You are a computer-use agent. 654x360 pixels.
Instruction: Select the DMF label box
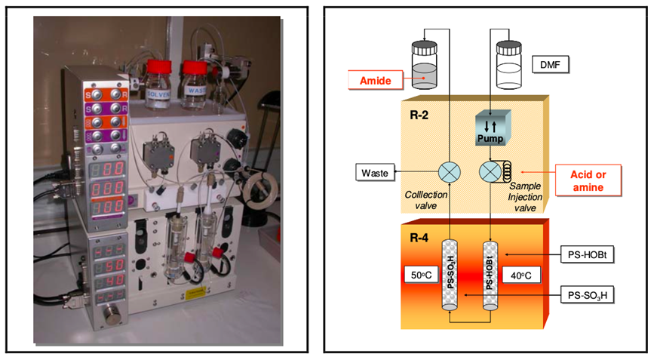[x=551, y=66]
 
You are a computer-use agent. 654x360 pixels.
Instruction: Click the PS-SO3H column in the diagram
[x=449, y=275]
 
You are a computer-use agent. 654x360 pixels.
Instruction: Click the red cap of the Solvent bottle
[x=158, y=66]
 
